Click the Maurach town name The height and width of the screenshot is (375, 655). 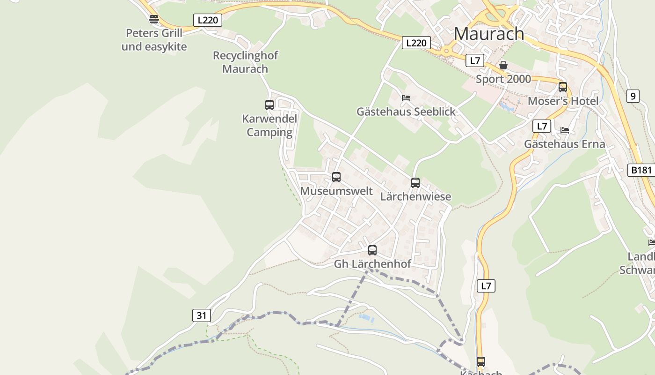coord(489,34)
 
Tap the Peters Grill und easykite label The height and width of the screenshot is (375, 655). coord(154,40)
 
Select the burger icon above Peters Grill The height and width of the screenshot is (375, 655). coord(154,19)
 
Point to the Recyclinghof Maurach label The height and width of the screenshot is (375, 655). coord(245,62)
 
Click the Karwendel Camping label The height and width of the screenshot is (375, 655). coord(269,126)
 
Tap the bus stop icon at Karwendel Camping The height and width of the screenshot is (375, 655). coord(269,105)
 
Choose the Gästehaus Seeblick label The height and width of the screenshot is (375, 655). coord(406,112)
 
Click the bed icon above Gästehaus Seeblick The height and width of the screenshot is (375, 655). coord(406,98)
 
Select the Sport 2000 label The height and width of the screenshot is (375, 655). coord(503,79)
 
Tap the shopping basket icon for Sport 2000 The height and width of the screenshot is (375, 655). coord(503,65)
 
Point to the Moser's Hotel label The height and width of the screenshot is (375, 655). coord(563,101)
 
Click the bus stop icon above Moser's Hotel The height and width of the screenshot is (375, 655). coord(563,87)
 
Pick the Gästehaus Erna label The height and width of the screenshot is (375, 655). coord(564,144)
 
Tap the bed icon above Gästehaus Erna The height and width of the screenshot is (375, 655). coord(565,130)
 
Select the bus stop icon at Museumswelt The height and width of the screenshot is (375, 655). coord(336,177)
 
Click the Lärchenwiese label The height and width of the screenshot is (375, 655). coord(415,196)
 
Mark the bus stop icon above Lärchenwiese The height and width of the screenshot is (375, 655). coord(415,183)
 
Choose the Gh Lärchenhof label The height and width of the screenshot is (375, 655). coord(372,264)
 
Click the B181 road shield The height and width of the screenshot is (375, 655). coord(641,170)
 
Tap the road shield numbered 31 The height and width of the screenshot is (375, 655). coord(201,315)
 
